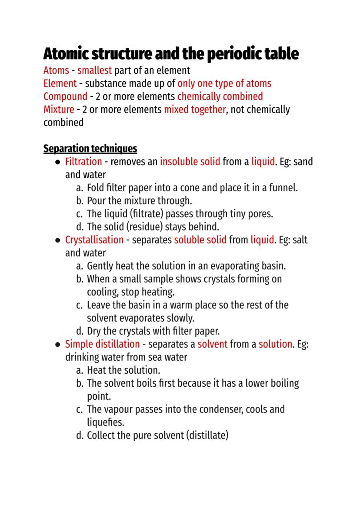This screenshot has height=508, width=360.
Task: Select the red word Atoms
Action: pos(56,70)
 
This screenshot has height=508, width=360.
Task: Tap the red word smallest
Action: pos(94,70)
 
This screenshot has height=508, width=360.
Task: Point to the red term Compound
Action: pos(65,96)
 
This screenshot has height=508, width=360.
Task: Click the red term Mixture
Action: pos(59,109)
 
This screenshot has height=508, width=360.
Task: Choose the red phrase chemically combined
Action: pos(220,96)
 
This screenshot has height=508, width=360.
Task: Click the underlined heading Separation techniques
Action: pos(90,149)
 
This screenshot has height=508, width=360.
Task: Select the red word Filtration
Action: pos(83,162)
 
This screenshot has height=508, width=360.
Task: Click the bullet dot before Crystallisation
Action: pos(58,240)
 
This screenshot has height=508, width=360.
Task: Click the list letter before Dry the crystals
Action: pos(79,331)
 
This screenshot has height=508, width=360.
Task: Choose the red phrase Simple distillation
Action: pos(102,344)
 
